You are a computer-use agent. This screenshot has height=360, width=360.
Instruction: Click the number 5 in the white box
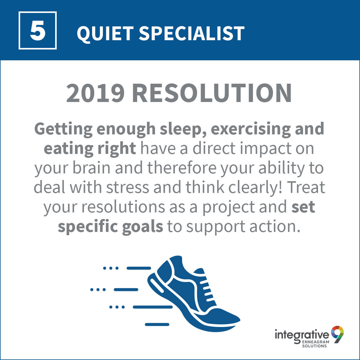[x=38, y=31]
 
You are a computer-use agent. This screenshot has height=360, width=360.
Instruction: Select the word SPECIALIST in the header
[x=191, y=33]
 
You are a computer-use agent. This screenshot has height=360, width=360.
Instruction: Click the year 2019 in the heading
[x=95, y=93]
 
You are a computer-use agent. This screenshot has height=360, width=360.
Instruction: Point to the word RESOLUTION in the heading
[x=212, y=93]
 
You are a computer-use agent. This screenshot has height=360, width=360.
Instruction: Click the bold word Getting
[x=63, y=130]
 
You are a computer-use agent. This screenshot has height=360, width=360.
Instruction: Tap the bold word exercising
[x=251, y=129]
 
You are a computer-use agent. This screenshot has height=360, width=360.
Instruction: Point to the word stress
[x=127, y=187]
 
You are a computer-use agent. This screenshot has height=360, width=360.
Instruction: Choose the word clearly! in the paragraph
[x=255, y=188]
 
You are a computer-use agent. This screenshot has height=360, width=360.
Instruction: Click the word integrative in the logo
[x=302, y=336]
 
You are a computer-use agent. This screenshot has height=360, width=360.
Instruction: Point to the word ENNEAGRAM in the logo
[x=315, y=342]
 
